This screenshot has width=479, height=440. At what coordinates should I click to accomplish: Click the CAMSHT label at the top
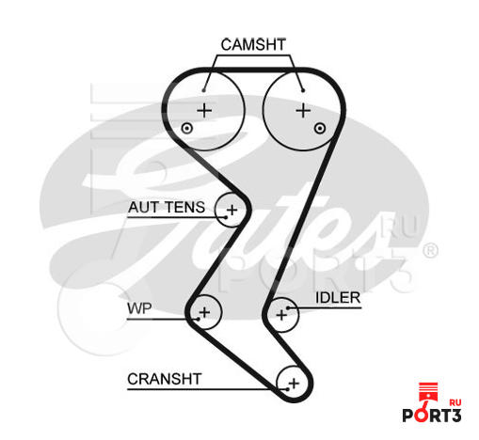pos(253,44)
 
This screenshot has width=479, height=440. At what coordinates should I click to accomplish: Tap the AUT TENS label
pos(167,208)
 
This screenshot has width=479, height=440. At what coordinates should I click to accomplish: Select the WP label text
pos(139,308)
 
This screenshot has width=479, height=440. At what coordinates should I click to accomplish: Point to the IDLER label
pos(338,298)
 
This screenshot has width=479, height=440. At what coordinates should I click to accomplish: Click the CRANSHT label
pos(165,379)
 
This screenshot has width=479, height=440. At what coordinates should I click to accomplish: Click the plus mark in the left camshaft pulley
pos(204,110)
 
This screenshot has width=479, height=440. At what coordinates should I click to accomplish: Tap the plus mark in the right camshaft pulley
pos(303,111)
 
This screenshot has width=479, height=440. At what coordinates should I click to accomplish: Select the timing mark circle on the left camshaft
pos(187,128)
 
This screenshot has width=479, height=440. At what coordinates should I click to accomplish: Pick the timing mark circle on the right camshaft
pos(320,128)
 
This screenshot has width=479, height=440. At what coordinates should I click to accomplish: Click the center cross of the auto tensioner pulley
pos(232,210)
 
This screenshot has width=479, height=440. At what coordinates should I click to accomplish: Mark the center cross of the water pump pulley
pos(205,312)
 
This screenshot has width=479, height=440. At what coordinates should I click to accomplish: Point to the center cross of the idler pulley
pos(281,315)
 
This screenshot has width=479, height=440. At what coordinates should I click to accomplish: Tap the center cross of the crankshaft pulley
pos(294,384)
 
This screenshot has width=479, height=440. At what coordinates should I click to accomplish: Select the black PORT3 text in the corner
pos(432,416)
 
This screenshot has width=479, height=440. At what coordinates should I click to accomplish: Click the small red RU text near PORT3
pos(455,402)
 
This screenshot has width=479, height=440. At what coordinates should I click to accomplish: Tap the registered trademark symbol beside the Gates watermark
pos(430,251)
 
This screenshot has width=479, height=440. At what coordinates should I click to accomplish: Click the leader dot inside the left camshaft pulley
pos(204,90)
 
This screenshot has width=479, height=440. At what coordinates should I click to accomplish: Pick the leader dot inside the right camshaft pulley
pos(303,90)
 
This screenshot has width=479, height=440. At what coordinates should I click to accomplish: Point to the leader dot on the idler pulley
pos(288,308)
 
